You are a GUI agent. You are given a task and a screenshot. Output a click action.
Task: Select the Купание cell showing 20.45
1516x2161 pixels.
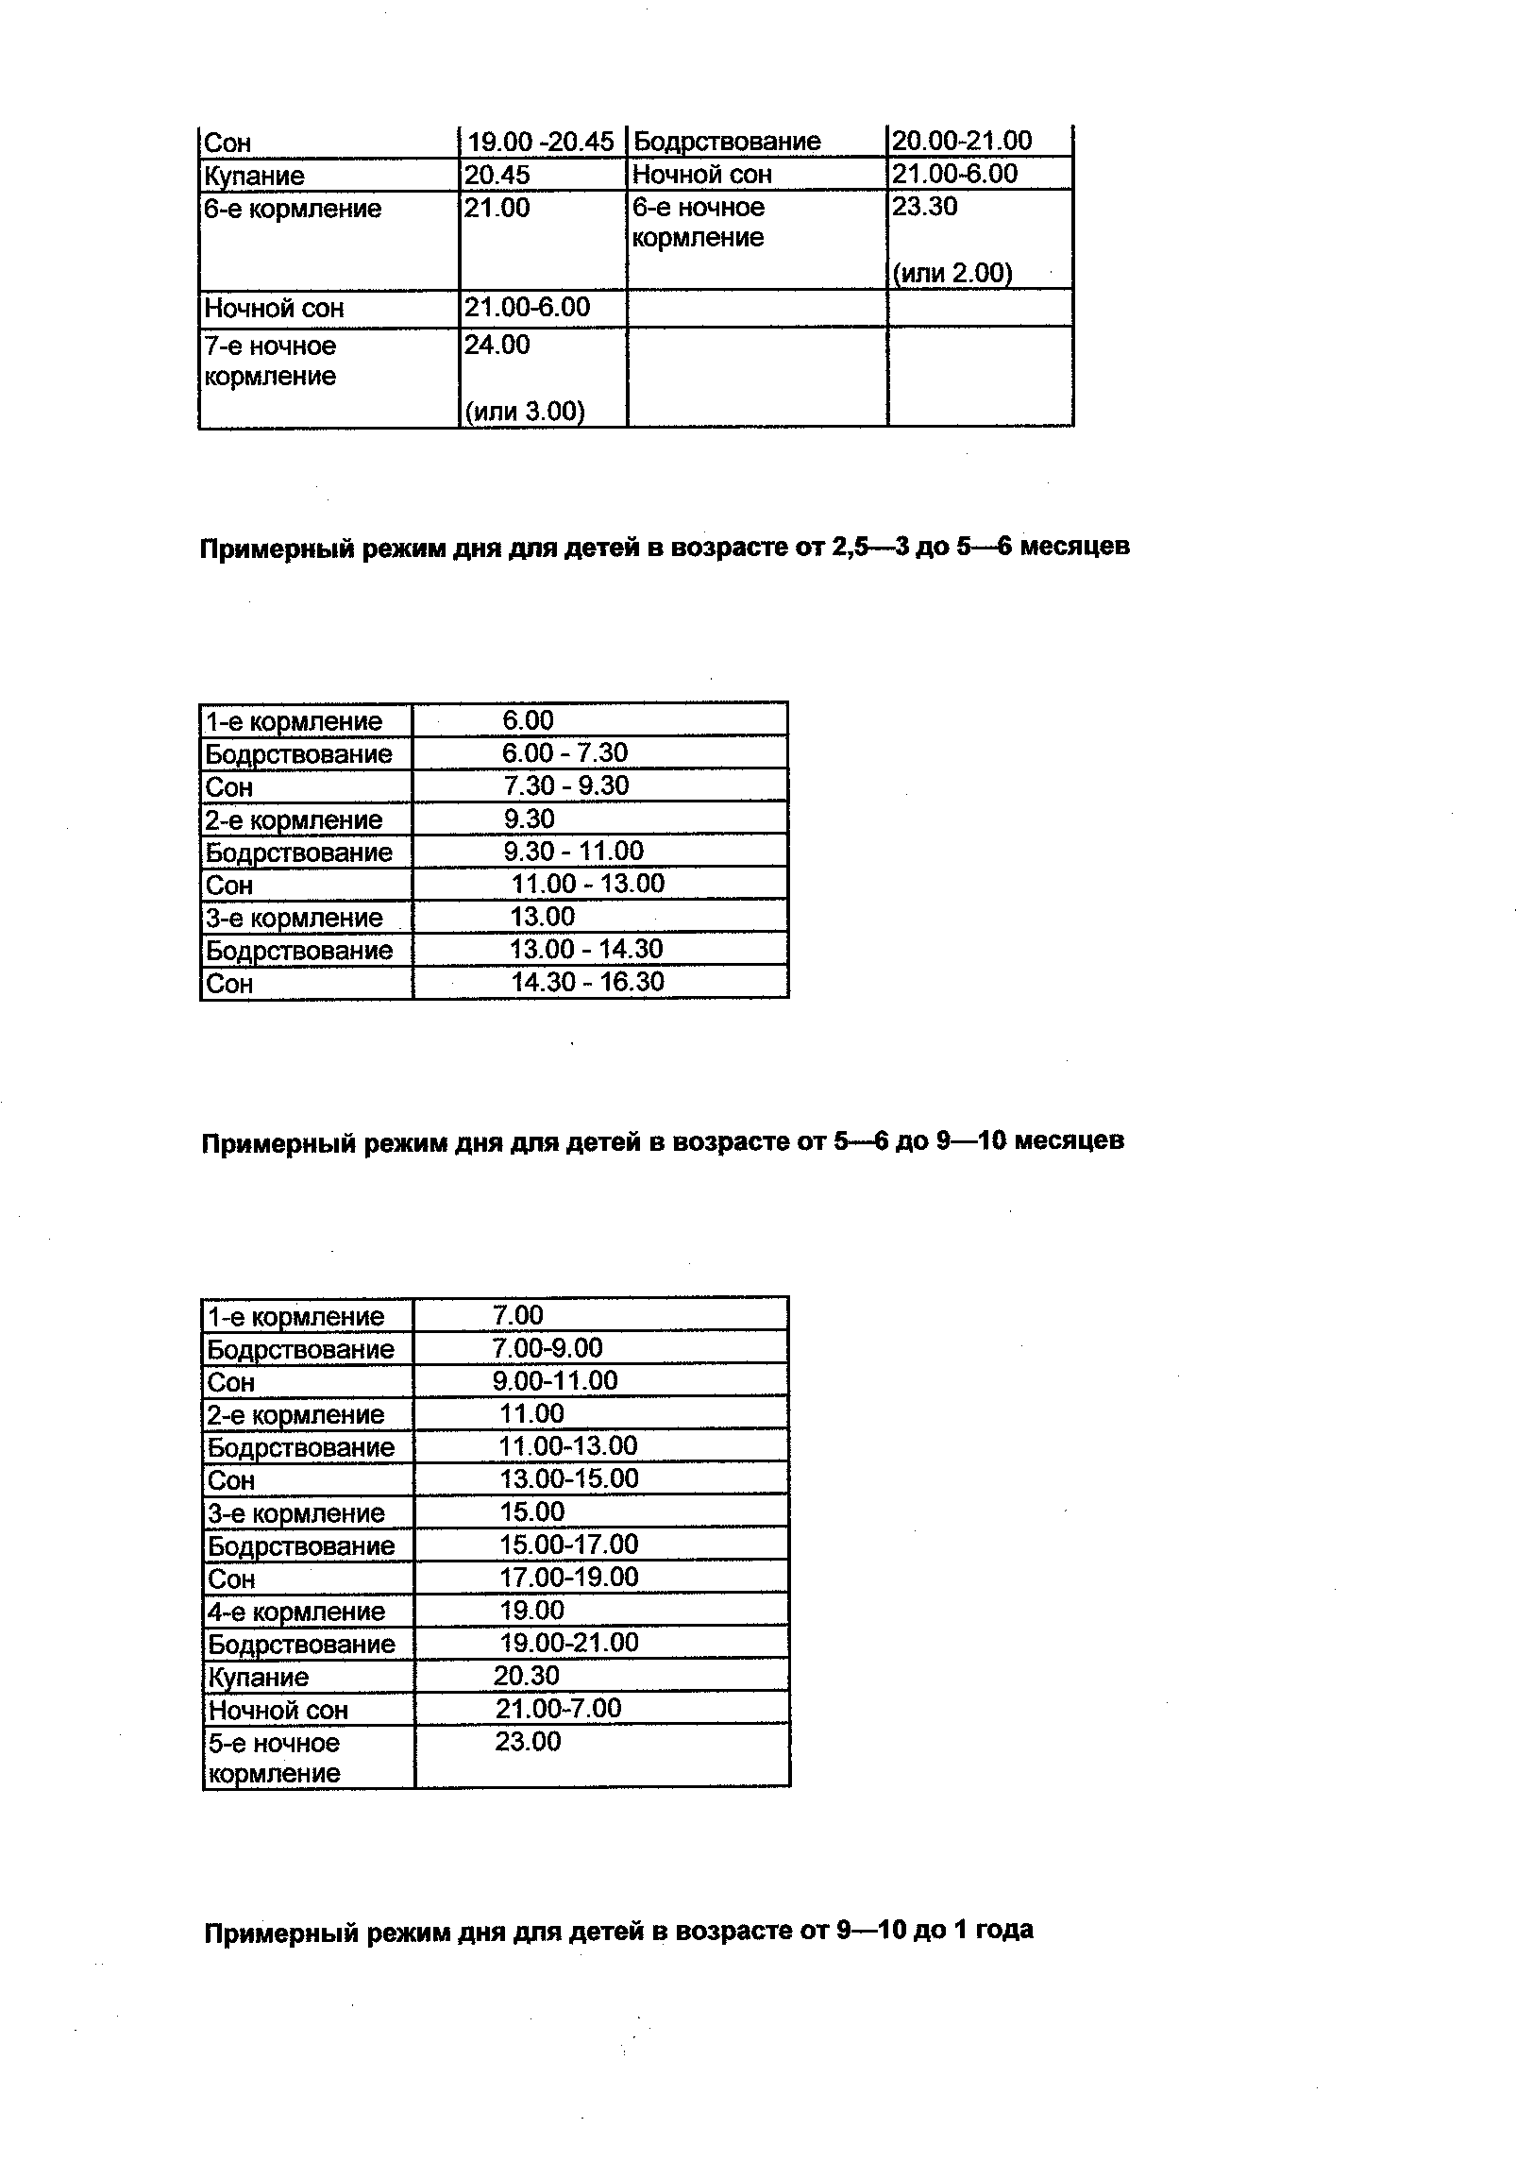[x=497, y=175]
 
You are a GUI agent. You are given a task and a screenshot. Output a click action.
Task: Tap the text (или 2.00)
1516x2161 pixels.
[x=952, y=274]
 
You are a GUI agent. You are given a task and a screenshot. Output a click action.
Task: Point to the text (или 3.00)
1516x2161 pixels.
[x=525, y=412]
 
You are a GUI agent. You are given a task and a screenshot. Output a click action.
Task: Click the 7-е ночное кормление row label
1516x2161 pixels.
[x=271, y=361]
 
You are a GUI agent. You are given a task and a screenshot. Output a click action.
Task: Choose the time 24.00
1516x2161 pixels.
[x=497, y=346]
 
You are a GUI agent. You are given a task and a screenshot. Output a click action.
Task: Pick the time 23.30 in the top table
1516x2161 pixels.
[x=925, y=207]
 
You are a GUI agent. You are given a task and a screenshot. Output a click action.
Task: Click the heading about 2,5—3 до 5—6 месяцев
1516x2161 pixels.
[x=665, y=548]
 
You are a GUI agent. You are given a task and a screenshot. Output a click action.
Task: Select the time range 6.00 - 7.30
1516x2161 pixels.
[x=564, y=753]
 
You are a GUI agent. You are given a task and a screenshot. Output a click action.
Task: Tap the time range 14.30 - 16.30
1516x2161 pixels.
[x=587, y=982]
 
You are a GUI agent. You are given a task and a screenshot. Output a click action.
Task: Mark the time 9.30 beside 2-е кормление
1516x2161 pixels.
[x=529, y=819]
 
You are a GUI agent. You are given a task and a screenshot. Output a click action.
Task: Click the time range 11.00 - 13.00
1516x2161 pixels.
[x=587, y=884]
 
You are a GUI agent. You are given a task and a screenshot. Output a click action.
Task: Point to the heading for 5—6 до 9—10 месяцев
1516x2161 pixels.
[x=663, y=1141]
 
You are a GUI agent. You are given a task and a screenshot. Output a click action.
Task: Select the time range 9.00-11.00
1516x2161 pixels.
[x=555, y=1381]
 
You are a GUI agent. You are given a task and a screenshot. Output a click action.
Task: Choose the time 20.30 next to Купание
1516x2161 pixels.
[x=527, y=1676]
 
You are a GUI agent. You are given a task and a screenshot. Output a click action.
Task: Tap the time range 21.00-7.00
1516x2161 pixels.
[x=559, y=1709]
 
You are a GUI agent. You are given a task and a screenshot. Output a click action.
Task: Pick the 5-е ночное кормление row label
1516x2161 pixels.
[x=274, y=1758]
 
